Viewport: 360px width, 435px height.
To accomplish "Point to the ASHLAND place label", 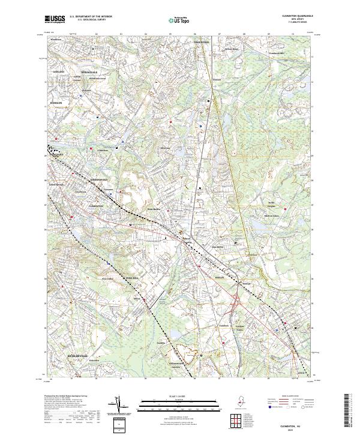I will coord(58,71).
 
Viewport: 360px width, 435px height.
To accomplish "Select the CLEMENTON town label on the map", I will coord(95,205).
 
